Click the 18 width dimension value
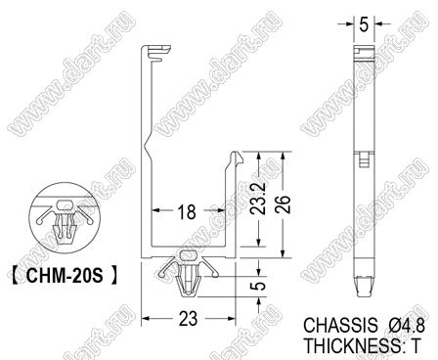(x=187, y=212)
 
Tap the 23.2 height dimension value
(x=259, y=199)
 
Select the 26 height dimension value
(x=283, y=204)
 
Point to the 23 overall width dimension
(x=188, y=319)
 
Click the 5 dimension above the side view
(x=364, y=24)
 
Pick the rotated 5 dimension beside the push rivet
(x=259, y=286)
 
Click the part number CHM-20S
(x=65, y=276)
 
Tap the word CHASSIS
(x=340, y=325)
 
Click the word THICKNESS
(x=353, y=345)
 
